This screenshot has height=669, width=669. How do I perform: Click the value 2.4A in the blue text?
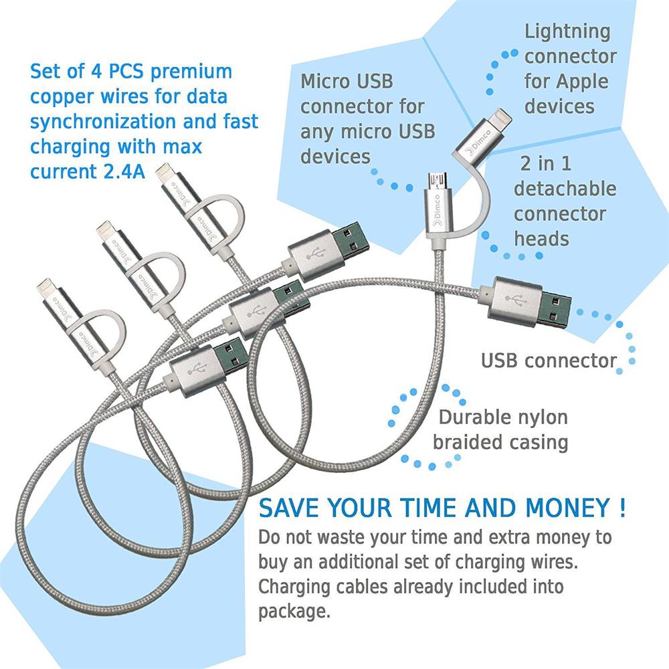click(x=124, y=171)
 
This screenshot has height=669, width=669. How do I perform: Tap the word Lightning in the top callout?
click(x=567, y=32)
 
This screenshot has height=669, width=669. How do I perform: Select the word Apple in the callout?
click(x=582, y=82)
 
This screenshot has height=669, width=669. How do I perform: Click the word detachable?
click(x=565, y=189)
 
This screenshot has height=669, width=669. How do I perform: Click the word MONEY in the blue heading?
click(x=567, y=508)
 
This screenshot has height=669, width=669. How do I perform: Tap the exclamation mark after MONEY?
click(x=622, y=508)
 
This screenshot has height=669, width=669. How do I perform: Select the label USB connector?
click(x=549, y=361)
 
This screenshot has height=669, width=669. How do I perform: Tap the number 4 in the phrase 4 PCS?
click(x=96, y=72)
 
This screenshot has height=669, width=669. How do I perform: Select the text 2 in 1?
click(x=546, y=164)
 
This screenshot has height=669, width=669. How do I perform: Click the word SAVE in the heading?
click(x=289, y=508)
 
